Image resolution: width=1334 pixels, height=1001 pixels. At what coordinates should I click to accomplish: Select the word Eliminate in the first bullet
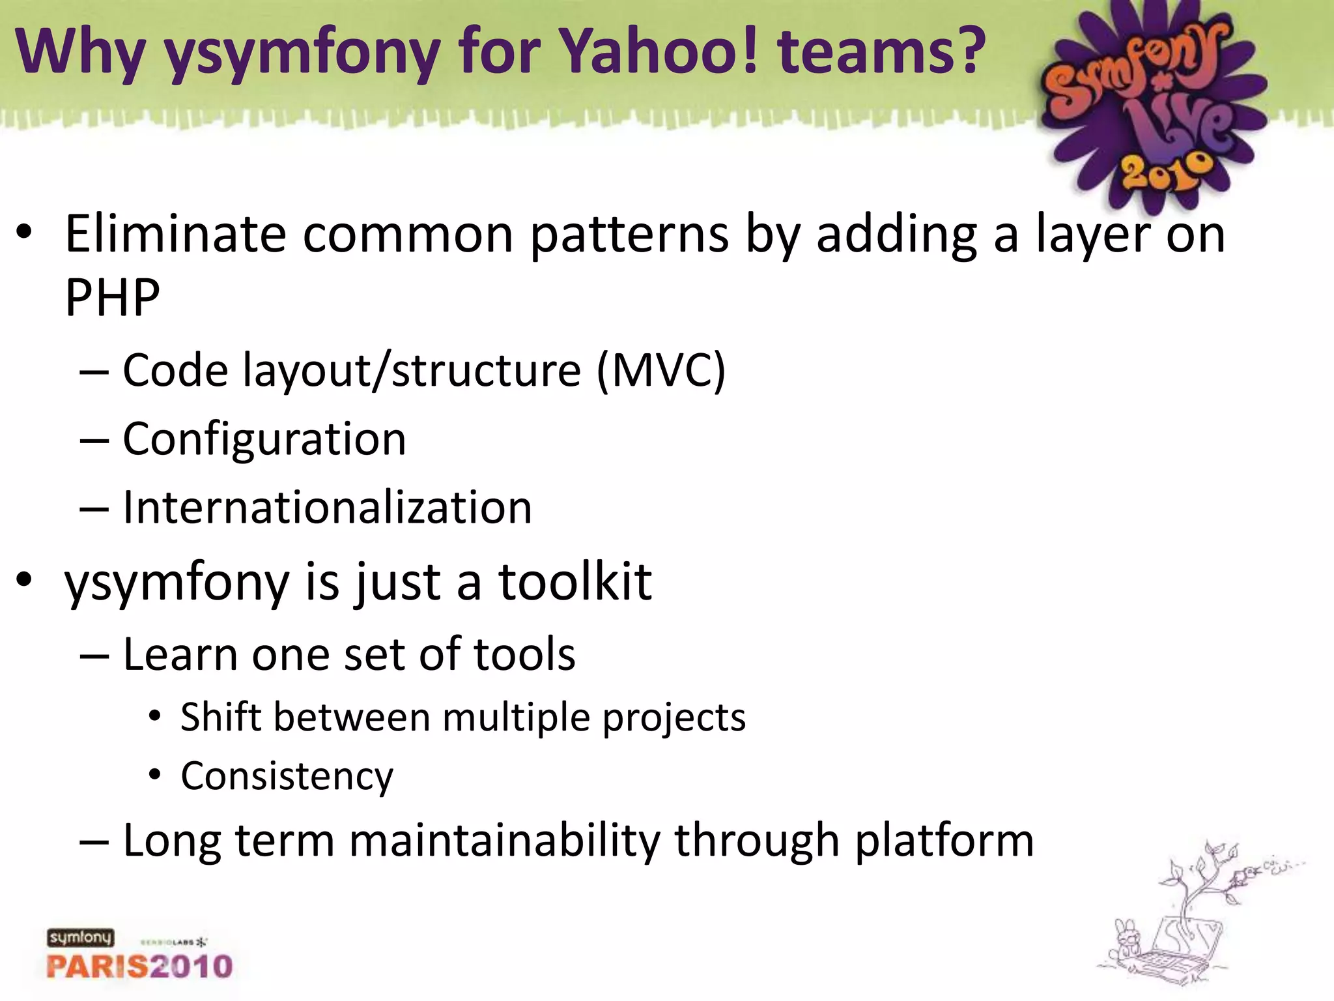tap(175, 234)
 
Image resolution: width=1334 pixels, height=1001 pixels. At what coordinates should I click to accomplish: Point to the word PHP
tap(112, 297)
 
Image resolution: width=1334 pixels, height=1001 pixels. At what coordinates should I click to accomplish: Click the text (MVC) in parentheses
tap(660, 371)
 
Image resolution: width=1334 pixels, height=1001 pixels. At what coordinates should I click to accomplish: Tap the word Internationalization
tap(327, 508)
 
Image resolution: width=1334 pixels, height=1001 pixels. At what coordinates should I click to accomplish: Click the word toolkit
tap(575, 581)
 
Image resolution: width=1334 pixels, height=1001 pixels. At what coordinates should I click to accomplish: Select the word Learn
tap(180, 654)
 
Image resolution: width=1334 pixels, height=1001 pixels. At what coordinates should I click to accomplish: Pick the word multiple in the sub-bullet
tap(515, 718)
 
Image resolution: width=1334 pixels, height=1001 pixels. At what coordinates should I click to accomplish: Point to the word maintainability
tap(505, 841)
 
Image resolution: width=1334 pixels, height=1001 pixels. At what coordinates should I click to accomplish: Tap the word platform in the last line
tap(944, 841)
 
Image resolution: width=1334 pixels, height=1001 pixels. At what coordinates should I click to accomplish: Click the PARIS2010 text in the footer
tap(139, 966)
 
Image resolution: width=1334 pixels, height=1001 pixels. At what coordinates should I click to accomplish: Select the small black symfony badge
tap(80, 938)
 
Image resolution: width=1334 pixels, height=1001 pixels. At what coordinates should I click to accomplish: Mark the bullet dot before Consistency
tap(154, 775)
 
